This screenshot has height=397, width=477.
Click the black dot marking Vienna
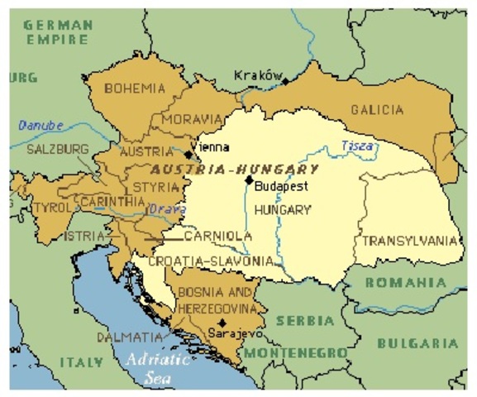(x=188, y=152)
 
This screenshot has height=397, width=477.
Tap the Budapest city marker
(x=248, y=179)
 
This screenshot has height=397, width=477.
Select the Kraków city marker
(x=284, y=81)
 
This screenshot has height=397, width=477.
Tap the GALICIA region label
(x=377, y=110)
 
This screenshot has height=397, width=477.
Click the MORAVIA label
(x=192, y=120)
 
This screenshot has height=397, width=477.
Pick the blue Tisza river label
(x=357, y=147)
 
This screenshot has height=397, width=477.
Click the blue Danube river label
(x=41, y=126)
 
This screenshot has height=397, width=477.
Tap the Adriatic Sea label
(x=155, y=367)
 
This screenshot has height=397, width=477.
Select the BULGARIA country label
(x=417, y=342)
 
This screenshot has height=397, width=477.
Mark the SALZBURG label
(x=58, y=150)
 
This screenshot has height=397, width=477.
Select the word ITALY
(x=81, y=362)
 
